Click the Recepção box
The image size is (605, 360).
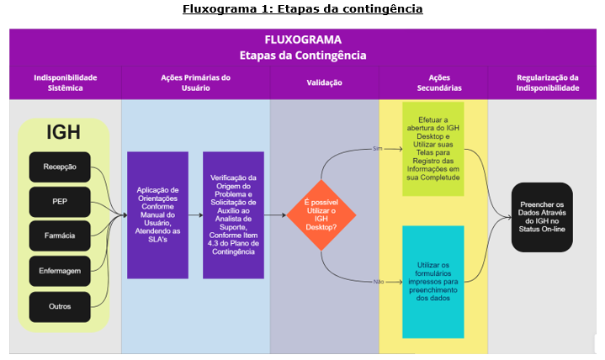point(60,167)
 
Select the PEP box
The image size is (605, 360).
point(60,202)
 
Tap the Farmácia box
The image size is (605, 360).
point(60,236)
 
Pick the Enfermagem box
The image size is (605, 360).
point(60,271)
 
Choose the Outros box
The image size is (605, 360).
point(60,307)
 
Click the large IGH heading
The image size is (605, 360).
point(64,132)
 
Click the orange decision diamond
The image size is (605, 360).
point(321,215)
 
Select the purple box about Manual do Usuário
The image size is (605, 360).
point(158,215)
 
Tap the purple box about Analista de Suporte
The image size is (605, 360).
point(233,215)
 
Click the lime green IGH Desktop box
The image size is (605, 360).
point(433,149)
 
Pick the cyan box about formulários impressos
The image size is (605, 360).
point(433,282)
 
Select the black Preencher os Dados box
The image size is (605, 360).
point(542,217)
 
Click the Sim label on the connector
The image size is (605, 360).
point(377,149)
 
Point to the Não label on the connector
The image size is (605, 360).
point(379,282)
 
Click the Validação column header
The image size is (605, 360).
point(325,82)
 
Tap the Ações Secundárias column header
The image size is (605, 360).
point(439,82)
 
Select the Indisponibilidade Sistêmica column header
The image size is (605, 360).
point(66,82)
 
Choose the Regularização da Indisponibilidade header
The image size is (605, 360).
point(548,82)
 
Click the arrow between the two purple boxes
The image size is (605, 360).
point(196,215)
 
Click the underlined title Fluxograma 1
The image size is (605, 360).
point(303,9)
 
